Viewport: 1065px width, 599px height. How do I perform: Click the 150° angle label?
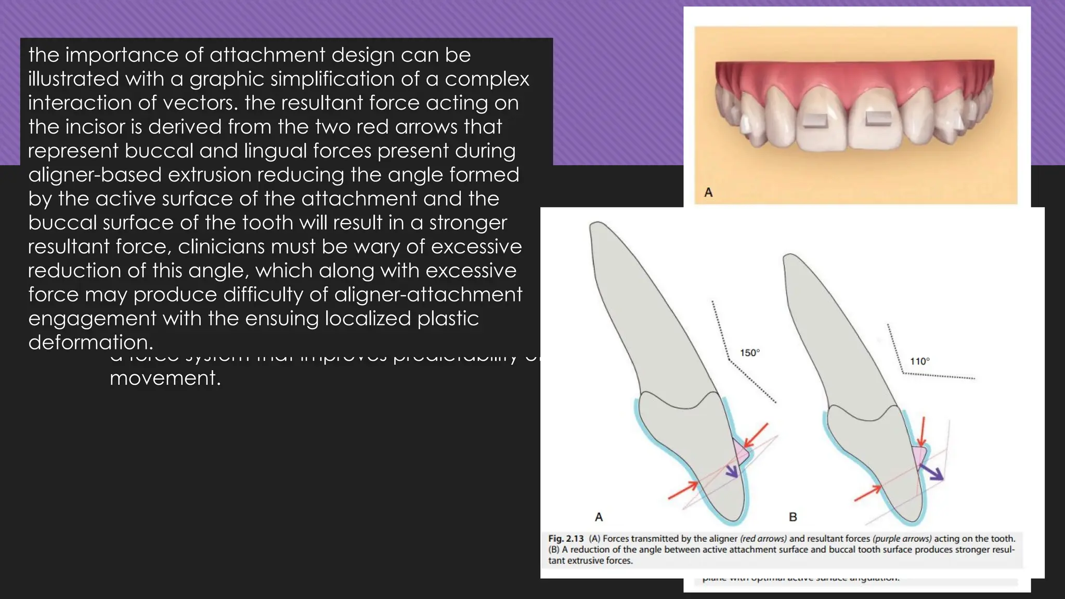click(x=750, y=353)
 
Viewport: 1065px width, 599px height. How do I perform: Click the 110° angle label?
click(x=919, y=361)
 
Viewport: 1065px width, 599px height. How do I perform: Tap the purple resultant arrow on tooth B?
click(x=932, y=472)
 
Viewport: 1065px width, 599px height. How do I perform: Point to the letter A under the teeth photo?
click(x=708, y=193)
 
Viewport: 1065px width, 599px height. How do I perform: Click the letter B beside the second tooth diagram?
click(x=793, y=517)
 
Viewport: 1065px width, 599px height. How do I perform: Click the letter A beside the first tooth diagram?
click(x=599, y=517)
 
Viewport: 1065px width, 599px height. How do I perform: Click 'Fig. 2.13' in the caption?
click(x=566, y=539)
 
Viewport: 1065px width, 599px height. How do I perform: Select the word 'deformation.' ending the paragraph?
click(x=91, y=343)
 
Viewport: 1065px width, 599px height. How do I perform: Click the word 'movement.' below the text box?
click(x=165, y=378)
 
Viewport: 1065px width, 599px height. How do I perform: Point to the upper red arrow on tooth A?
click(x=756, y=435)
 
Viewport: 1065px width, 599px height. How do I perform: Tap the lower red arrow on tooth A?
click(x=683, y=490)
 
